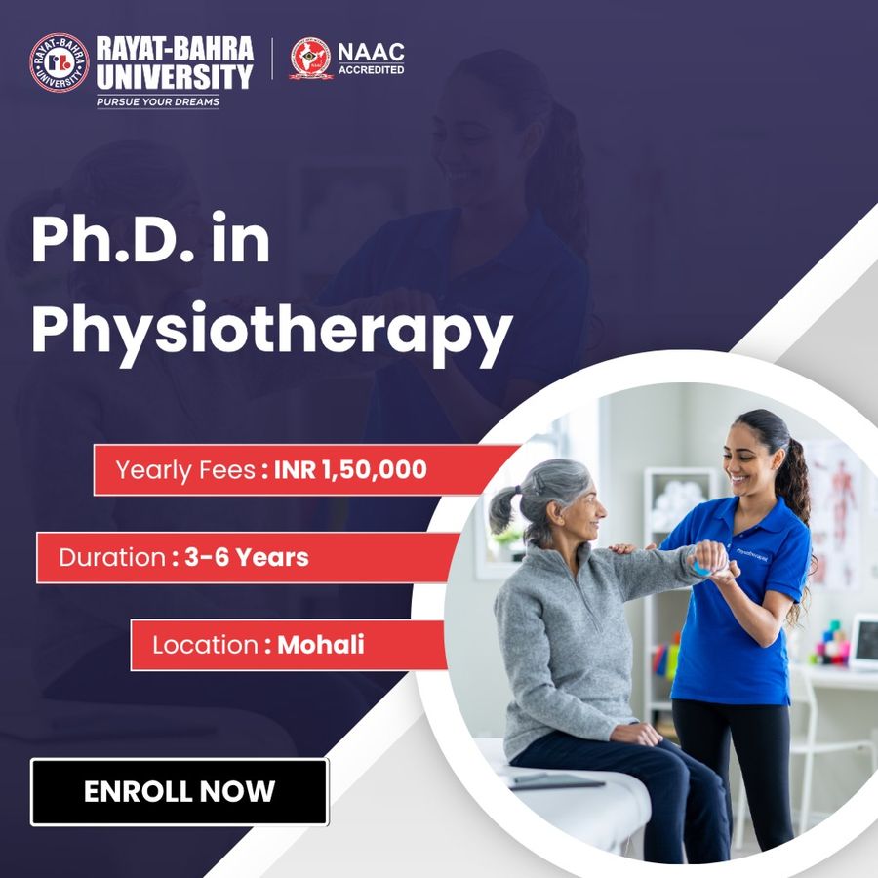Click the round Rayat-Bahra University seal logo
click(x=60, y=62)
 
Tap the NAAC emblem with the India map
click(x=311, y=58)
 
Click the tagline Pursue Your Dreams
click(x=158, y=101)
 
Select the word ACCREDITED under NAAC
click(x=371, y=70)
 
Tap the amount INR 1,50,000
click(x=350, y=469)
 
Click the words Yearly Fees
click(x=185, y=470)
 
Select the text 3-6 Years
click(x=247, y=557)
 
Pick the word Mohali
click(x=321, y=645)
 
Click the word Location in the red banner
click(x=205, y=645)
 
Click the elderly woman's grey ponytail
click(x=501, y=509)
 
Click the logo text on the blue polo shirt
click(x=752, y=555)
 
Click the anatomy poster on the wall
click(x=833, y=514)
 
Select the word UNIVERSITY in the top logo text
click(x=175, y=77)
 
